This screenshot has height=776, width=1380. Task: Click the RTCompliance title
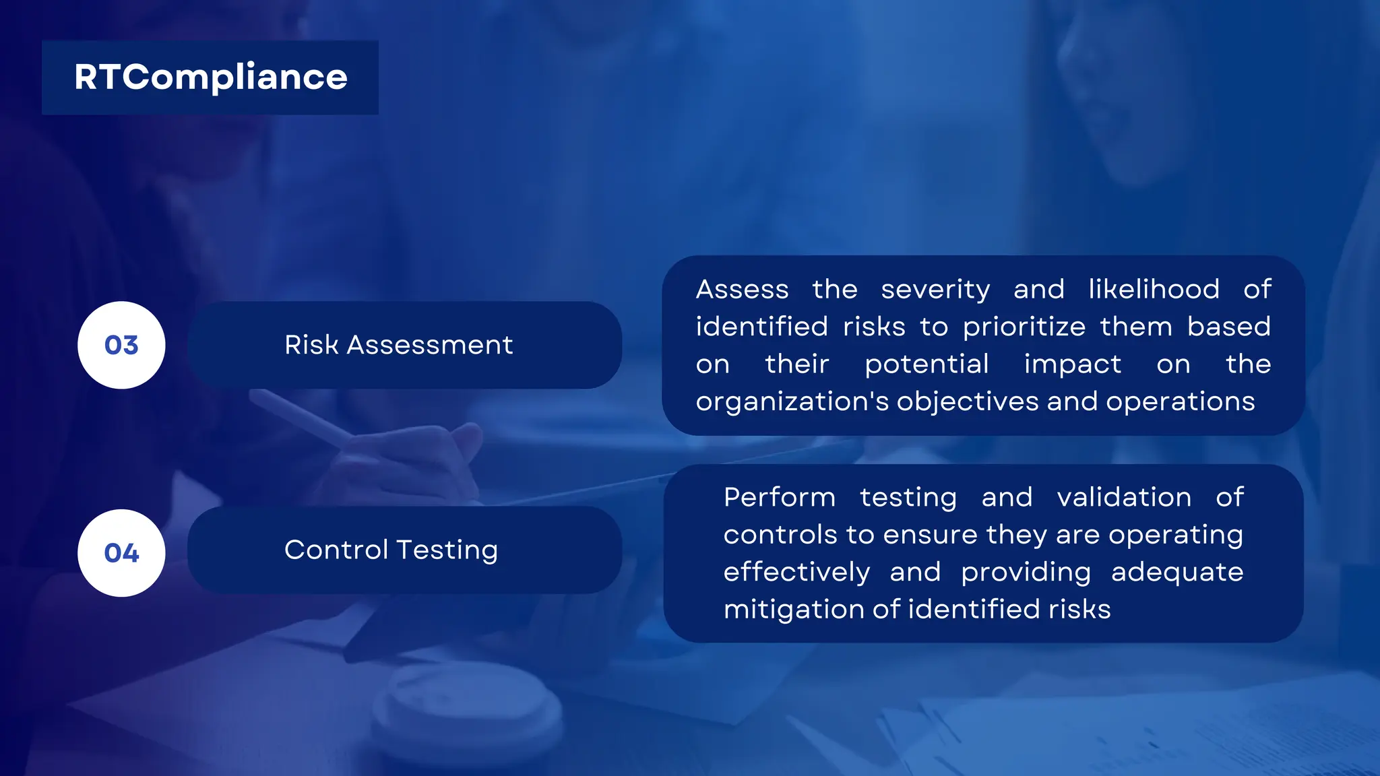[210, 77]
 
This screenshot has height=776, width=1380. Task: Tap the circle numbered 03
[121, 345]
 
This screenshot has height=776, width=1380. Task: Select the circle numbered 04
[121, 553]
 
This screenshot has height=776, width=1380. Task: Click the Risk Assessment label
[398, 345]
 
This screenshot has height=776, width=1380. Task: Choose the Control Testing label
[391, 550]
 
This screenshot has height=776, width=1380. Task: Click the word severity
[935, 290]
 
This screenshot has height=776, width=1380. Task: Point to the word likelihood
[1154, 290]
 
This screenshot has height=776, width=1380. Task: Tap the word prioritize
[1024, 327]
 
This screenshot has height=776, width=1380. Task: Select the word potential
[927, 364]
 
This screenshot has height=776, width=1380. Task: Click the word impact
[1072, 364]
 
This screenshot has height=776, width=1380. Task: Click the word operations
[1180, 401]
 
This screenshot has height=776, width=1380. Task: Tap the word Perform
[780, 498]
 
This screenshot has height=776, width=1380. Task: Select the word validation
[1124, 498]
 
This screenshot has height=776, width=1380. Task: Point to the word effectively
[796, 573]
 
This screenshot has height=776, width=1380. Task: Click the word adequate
[1177, 573]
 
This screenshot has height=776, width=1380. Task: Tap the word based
[1228, 327]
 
